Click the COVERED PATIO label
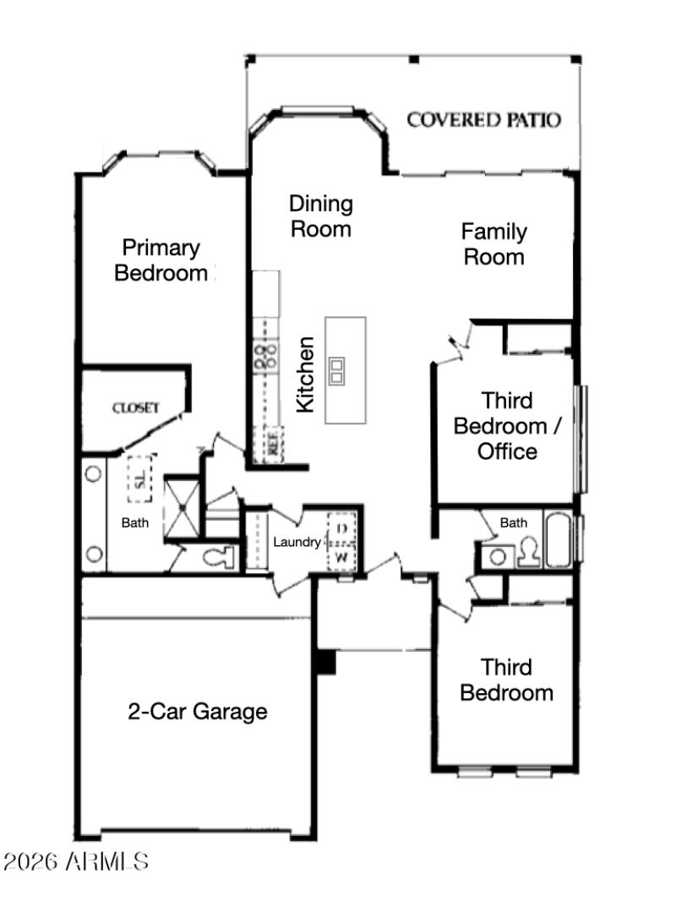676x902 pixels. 483,120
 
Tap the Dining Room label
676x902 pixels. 321,216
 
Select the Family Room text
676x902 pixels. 494,243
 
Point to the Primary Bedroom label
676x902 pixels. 161,260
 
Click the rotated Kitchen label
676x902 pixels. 305,375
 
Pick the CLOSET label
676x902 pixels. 136,408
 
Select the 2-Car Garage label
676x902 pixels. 198,712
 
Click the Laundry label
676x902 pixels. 297,542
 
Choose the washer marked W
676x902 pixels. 342,557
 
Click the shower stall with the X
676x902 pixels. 180,510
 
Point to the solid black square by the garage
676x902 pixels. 325,662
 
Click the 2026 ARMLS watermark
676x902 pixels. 77,862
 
